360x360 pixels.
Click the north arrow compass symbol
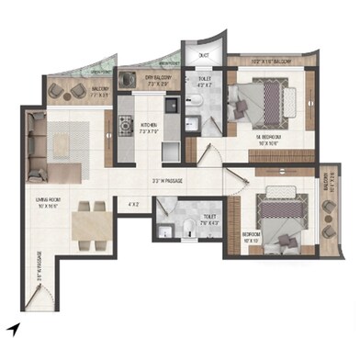12,328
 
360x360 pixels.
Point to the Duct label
203,54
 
